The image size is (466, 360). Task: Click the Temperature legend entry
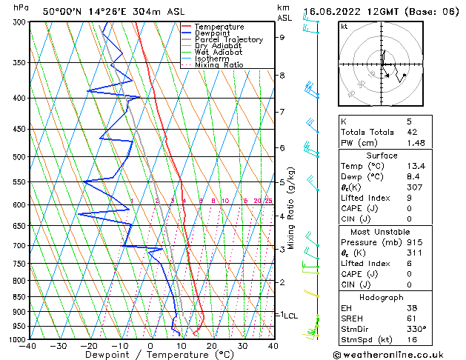[219, 27]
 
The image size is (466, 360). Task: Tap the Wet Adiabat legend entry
[218, 53]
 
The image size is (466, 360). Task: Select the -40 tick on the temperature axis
[29, 346]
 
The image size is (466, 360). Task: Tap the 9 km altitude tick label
[282, 37]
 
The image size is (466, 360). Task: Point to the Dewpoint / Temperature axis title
[150, 356]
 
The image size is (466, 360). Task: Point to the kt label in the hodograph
[344, 27]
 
